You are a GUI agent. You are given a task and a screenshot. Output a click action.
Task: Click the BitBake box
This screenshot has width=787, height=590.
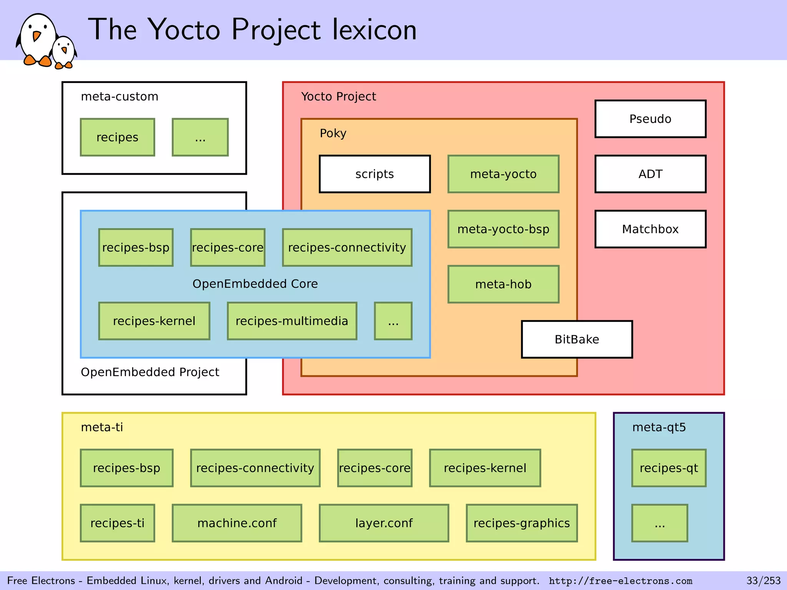pyautogui.click(x=577, y=339)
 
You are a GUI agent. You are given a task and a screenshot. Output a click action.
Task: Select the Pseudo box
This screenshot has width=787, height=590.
pyautogui.click(x=650, y=119)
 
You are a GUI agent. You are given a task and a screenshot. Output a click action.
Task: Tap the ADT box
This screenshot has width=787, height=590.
pyautogui.click(x=650, y=174)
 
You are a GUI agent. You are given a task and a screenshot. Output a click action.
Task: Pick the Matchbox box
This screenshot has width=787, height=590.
pyautogui.click(x=650, y=229)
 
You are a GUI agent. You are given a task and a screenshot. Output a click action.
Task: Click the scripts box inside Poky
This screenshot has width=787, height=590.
pyautogui.click(x=375, y=174)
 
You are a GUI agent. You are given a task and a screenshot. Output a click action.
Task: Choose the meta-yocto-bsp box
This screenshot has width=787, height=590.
pyautogui.click(x=503, y=229)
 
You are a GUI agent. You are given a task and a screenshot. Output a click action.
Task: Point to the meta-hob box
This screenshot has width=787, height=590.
pyautogui.click(x=503, y=284)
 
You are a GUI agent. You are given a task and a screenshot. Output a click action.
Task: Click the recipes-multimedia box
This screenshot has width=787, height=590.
pyautogui.click(x=292, y=321)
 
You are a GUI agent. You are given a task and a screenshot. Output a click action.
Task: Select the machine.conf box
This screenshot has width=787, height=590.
pyautogui.click(x=237, y=523)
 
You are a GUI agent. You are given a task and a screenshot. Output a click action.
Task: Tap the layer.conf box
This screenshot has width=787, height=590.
pyautogui.click(x=384, y=523)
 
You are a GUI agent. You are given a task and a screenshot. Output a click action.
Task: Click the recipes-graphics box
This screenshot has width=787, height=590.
pyautogui.click(x=522, y=523)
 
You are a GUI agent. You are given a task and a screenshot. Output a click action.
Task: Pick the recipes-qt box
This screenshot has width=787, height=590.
pyautogui.click(x=669, y=468)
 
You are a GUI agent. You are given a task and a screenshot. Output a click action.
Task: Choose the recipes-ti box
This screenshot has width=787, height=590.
pyautogui.click(x=118, y=523)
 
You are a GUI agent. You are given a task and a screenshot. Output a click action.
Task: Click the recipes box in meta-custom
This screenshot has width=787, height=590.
pyautogui.click(x=118, y=137)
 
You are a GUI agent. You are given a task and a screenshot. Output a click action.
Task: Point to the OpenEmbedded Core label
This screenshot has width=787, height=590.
pyautogui.click(x=255, y=284)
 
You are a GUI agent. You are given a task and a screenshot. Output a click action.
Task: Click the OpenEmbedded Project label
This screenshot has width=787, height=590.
pyautogui.click(x=150, y=372)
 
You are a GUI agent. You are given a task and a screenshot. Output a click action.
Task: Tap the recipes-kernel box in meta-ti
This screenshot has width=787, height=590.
pyautogui.click(x=485, y=468)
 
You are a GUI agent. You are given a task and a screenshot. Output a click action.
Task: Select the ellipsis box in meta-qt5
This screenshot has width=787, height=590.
pyautogui.click(x=659, y=523)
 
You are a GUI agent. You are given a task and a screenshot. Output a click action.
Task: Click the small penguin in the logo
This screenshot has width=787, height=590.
pyautogui.click(x=64, y=52)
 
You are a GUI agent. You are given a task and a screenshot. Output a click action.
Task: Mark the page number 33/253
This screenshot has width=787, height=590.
pyautogui.click(x=763, y=580)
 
